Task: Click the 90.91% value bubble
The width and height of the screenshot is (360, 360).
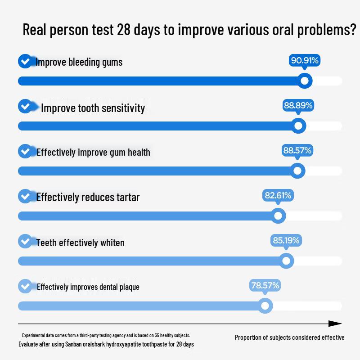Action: [x=305, y=61]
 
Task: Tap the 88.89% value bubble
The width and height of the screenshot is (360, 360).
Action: [x=298, y=106]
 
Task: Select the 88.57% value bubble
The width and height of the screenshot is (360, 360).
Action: [x=297, y=151]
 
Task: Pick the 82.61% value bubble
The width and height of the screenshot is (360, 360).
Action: [x=278, y=196]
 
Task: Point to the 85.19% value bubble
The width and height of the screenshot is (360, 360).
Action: [x=286, y=241]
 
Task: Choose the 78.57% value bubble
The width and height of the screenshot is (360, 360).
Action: [x=265, y=286]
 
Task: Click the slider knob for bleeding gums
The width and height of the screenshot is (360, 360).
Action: [x=305, y=81]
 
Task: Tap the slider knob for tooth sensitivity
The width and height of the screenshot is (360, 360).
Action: [x=298, y=126]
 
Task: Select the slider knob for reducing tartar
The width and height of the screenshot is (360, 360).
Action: [x=278, y=216]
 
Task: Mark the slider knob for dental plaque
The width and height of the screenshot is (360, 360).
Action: [x=265, y=306]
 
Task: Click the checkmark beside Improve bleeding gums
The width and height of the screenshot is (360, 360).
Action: [x=25, y=61]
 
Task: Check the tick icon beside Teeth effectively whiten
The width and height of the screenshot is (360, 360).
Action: [x=25, y=241]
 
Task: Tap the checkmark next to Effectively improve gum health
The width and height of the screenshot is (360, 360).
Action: [x=25, y=151]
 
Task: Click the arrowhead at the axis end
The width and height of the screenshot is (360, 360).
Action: [x=335, y=324]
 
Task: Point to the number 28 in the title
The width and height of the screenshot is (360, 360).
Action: [x=124, y=29]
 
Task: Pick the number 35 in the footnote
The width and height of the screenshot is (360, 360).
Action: [x=157, y=335]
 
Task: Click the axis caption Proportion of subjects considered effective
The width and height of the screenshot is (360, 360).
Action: [x=289, y=337]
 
